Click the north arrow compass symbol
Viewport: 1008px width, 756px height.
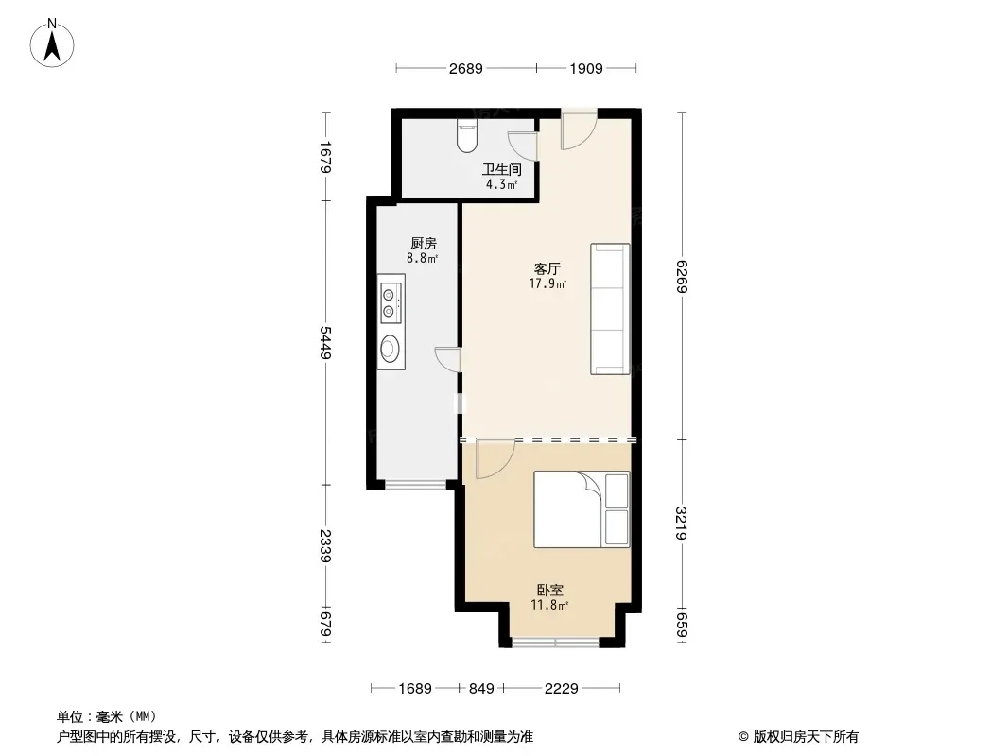tap(52, 43)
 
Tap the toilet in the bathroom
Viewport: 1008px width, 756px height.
tap(467, 135)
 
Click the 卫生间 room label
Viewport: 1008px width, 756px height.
tap(501, 169)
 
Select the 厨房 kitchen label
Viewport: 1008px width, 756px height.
tap(423, 244)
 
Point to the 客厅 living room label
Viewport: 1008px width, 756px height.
tap(547, 268)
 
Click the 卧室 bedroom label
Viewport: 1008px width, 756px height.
tap(549, 590)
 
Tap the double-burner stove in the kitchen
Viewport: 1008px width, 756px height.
tap(391, 303)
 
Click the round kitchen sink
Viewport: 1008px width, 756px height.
tap(390, 348)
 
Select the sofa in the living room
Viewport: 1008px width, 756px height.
tap(610, 308)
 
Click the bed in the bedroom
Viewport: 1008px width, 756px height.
tap(582, 509)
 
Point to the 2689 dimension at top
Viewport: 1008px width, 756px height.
tap(465, 68)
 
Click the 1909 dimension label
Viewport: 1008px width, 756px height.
tap(585, 68)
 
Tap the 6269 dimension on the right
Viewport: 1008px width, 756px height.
tap(682, 276)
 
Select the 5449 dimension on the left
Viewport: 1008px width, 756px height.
tap(325, 343)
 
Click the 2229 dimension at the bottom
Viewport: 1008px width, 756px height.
tap(562, 689)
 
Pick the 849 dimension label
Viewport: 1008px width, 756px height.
tap(481, 689)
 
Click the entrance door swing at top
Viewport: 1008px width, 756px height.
tap(580, 131)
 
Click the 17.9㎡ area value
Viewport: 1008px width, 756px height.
tap(547, 283)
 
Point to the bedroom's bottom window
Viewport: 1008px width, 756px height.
tap(555, 642)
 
